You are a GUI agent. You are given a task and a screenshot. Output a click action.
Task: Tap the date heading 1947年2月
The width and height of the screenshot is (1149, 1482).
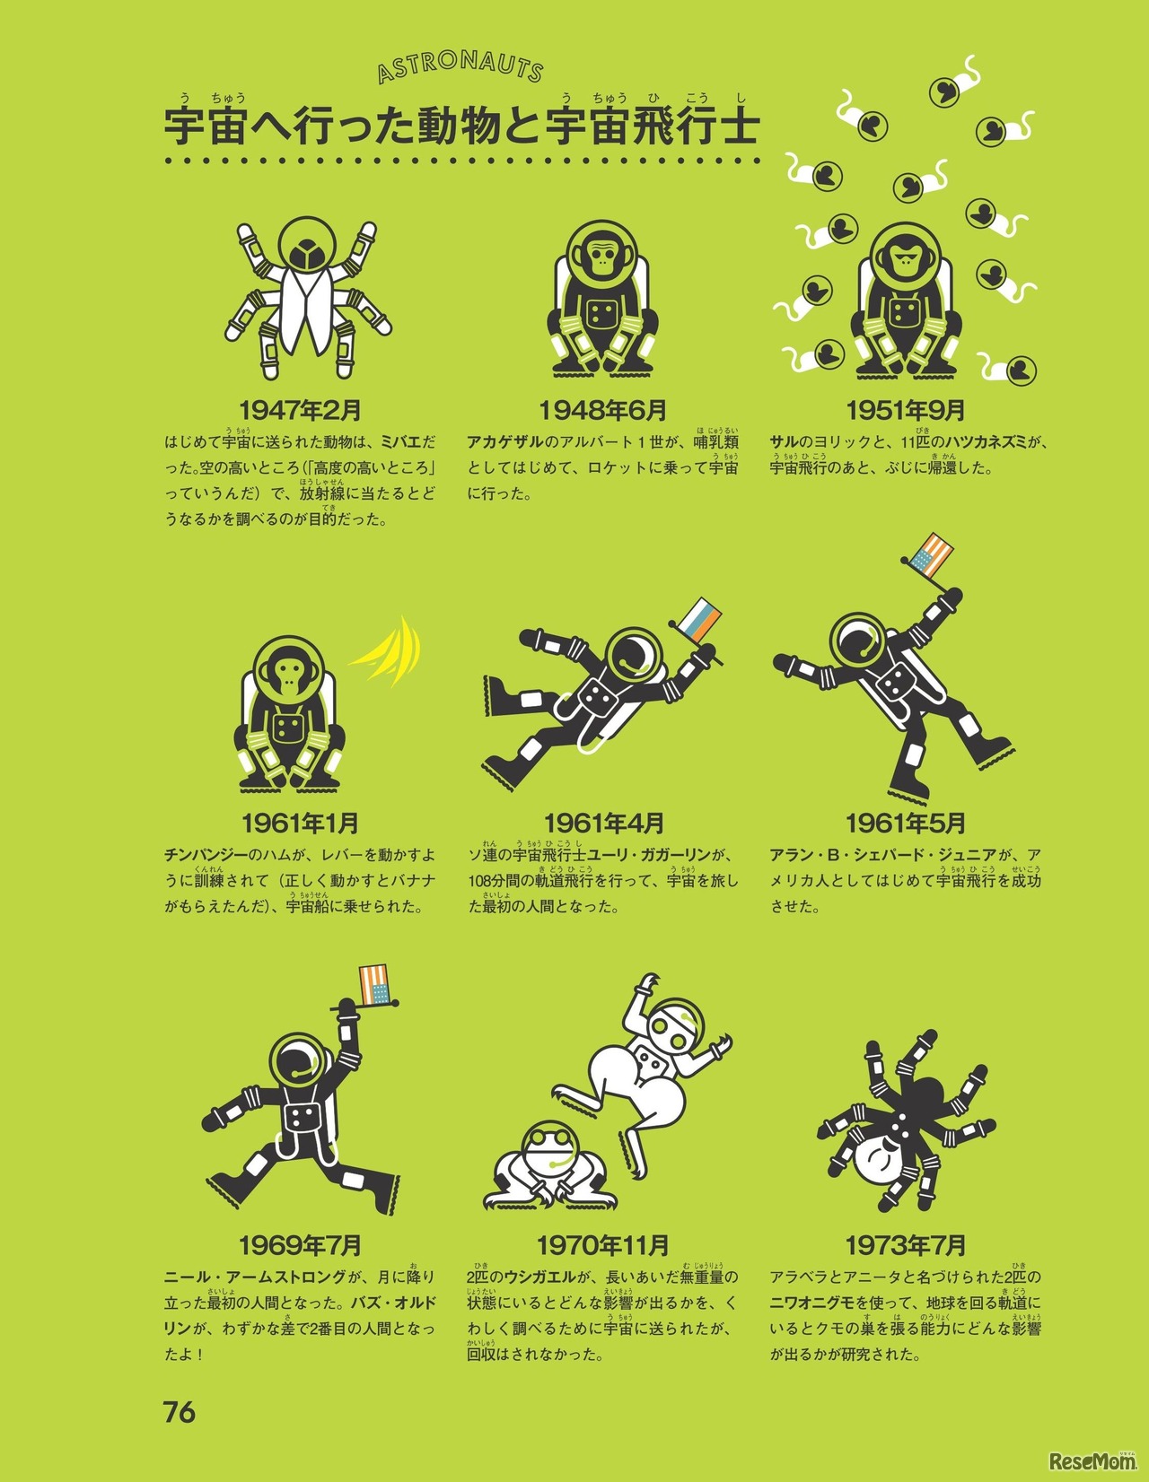pos(300,411)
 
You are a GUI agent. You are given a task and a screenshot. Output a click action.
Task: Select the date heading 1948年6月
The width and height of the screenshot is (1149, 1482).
pos(603,411)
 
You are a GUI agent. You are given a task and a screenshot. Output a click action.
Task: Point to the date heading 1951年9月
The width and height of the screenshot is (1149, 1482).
pos(906,411)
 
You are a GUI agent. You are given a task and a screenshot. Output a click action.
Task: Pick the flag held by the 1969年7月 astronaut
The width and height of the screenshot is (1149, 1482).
pos(374,985)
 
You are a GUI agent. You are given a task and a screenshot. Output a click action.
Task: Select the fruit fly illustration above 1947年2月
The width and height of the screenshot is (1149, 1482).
pos(308,297)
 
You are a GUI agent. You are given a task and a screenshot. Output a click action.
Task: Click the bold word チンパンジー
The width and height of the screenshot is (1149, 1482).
pos(206,855)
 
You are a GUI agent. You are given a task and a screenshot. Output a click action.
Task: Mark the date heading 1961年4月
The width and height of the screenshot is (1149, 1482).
pos(603,824)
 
